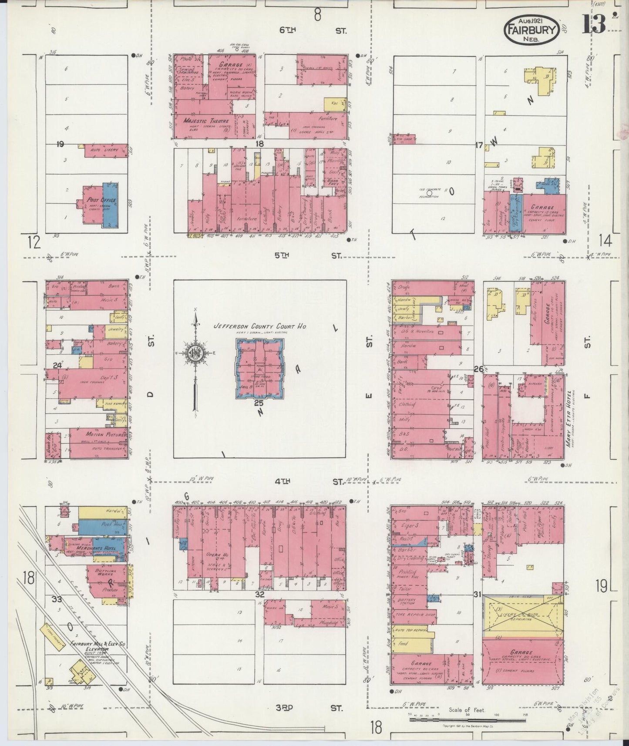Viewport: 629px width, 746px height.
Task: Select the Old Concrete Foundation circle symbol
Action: [429, 194]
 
